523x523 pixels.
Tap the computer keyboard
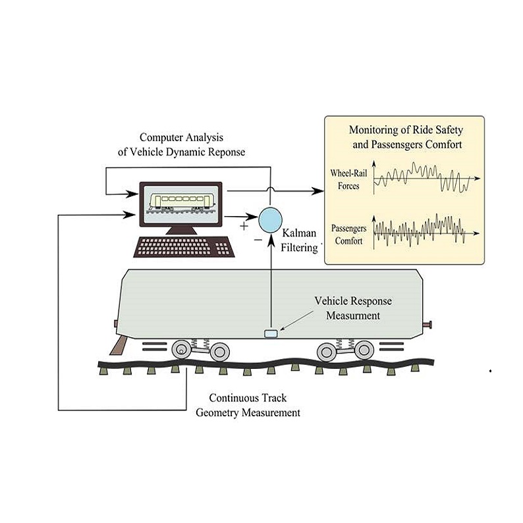point(183,246)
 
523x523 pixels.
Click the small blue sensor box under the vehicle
point(271,334)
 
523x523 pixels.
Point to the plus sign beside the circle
point(244,226)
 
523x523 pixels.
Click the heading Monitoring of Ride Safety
point(405,130)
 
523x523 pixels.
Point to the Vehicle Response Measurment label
point(352,308)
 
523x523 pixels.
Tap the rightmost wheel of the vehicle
point(364,350)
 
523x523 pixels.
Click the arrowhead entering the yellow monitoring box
point(320,192)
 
